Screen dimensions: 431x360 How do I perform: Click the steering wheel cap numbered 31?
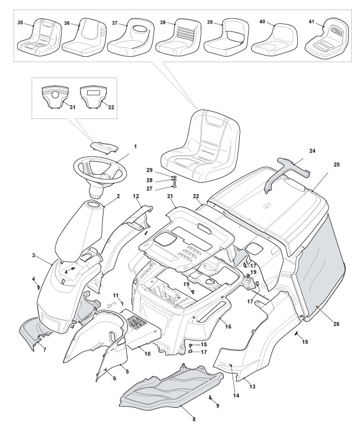click(x=56, y=97)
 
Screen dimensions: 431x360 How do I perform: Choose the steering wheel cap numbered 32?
click(x=94, y=97)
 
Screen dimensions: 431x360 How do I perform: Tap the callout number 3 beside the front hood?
click(x=34, y=255)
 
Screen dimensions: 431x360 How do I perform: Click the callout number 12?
click(x=136, y=195)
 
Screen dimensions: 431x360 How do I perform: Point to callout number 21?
click(x=171, y=196)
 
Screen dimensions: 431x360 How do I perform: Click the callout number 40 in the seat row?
click(x=262, y=21)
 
